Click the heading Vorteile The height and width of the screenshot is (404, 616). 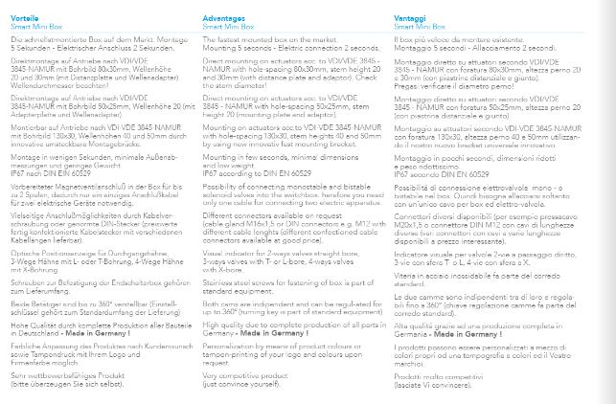pyautogui.click(x=24, y=18)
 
